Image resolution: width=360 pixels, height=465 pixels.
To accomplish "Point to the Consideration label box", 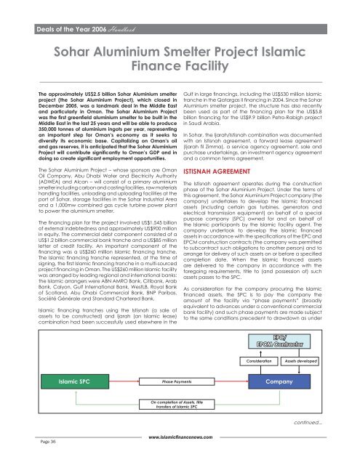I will [259, 360].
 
